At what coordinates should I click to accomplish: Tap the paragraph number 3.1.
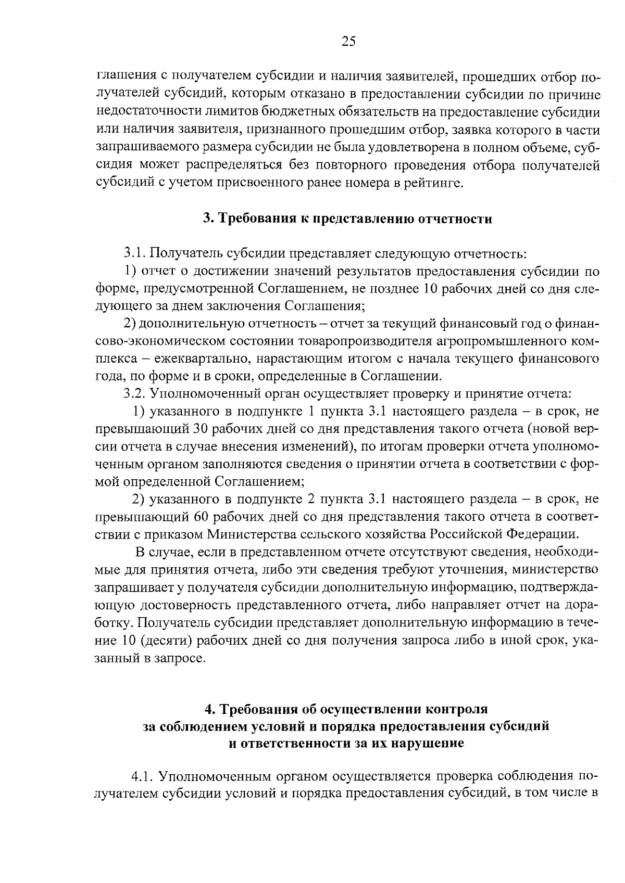click(x=135, y=254)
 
